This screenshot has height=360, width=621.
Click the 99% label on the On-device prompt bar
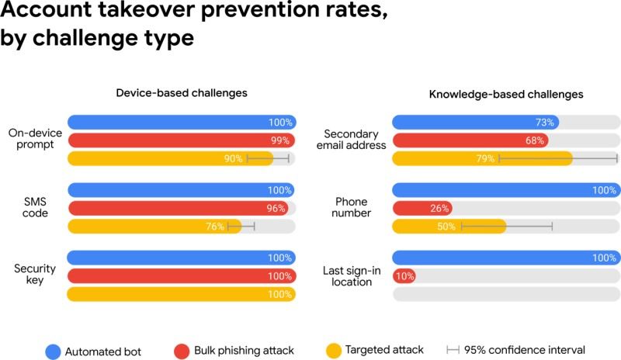pyautogui.click(x=280, y=140)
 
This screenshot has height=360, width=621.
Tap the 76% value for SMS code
pyautogui.click(x=215, y=227)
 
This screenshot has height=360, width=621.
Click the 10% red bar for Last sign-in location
pyautogui.click(x=404, y=276)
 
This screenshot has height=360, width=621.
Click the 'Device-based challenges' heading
pyautogui.click(x=182, y=92)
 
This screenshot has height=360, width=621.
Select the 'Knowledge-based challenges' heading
pyautogui.click(x=506, y=94)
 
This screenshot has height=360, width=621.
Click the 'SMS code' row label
pyautogui.click(x=36, y=207)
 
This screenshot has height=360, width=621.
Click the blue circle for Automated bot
pyautogui.click(x=54, y=350)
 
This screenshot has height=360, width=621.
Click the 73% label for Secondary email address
pyautogui.click(x=545, y=123)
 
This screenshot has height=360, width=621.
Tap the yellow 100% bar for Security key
pyautogui.click(x=182, y=294)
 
